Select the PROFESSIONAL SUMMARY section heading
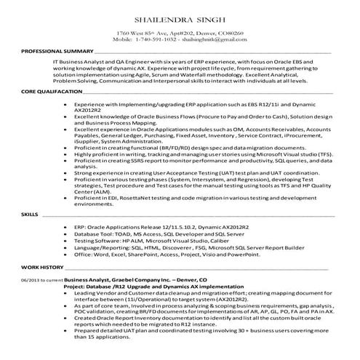[57, 53]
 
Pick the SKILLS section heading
[30, 216]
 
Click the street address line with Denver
[180, 33]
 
